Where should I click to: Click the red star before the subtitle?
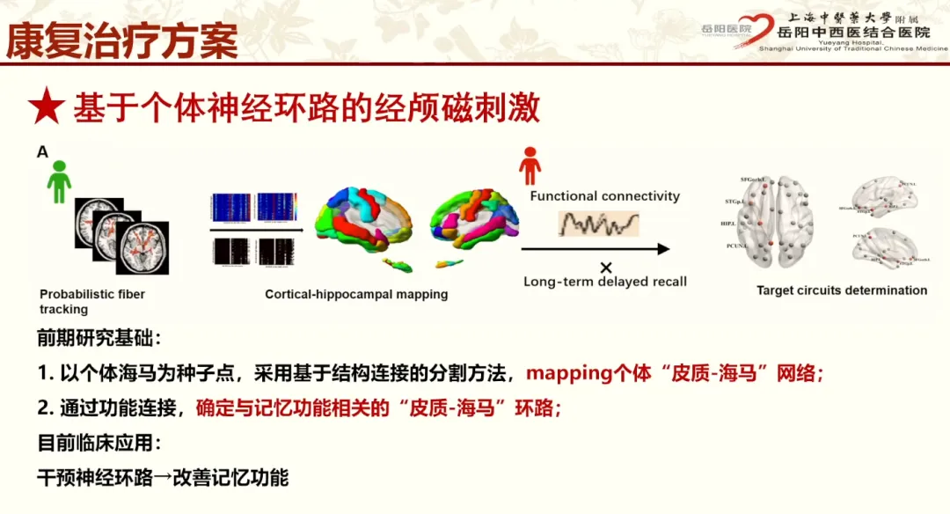(47, 107)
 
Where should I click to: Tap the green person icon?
(59, 180)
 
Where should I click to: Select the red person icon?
(530, 165)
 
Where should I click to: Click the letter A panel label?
(42, 152)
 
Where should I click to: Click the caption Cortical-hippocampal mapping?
(356, 294)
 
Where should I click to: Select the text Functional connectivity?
(604, 196)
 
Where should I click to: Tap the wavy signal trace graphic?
(598, 222)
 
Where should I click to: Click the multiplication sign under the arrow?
(605, 267)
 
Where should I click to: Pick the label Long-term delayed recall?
(605, 282)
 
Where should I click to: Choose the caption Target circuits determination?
(842, 290)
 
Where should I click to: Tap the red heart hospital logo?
(754, 29)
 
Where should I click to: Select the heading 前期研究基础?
(99, 338)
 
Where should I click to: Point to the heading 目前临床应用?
(99, 444)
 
